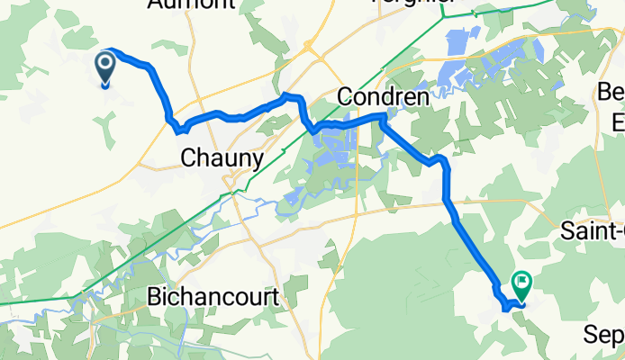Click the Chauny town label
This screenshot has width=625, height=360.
tap(222, 157)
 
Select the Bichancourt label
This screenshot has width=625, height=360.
tap(214, 296)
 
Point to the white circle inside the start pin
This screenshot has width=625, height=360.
tap(104, 63)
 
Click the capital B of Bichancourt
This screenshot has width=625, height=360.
tap(154, 296)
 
